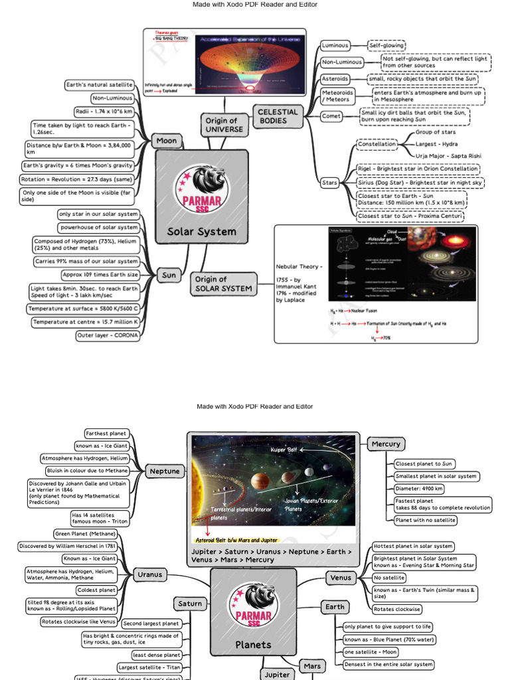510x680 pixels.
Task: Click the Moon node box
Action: point(167,141)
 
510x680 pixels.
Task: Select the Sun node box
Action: point(169,275)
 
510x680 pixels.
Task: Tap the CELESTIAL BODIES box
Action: point(278,116)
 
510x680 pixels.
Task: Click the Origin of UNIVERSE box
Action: point(221,126)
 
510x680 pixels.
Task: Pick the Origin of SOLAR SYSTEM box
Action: point(224,284)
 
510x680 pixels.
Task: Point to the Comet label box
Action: point(331,116)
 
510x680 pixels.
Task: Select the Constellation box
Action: point(377,144)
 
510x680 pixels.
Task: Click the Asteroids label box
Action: point(335,79)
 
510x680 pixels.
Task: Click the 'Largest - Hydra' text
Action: point(436,144)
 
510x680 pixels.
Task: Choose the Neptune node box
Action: point(165,471)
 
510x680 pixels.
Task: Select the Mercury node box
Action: point(386,444)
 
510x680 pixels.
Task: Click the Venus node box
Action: point(341,578)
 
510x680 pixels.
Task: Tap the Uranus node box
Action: point(148,574)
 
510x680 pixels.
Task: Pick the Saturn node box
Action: point(190,604)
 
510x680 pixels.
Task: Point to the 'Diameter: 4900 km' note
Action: point(419,489)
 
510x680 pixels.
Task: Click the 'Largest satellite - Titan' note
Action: point(149,667)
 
